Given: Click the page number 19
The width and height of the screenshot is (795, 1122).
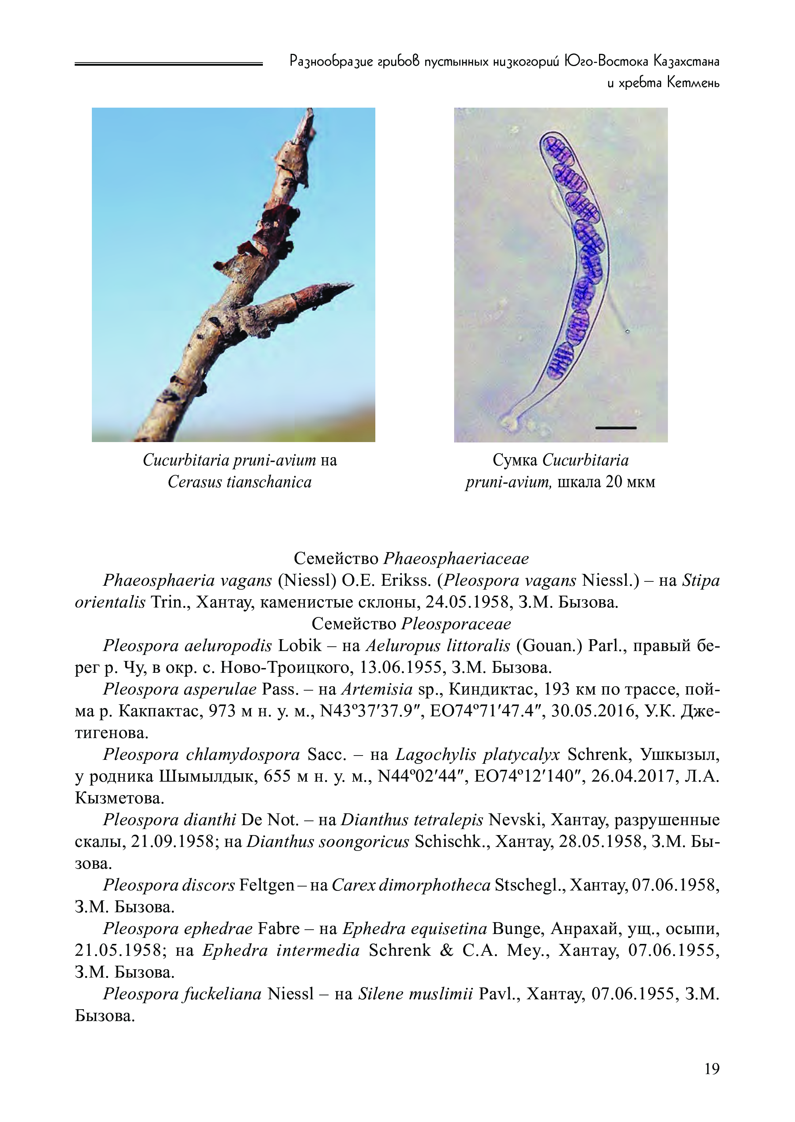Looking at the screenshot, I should point(711,1069).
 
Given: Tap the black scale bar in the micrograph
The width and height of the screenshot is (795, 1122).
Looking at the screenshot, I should point(615,428).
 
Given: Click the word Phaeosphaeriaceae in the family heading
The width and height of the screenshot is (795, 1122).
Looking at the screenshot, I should point(456,558).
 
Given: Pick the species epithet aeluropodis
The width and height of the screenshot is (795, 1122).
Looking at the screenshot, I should point(228,646).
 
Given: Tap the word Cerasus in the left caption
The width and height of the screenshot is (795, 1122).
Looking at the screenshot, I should point(194,482).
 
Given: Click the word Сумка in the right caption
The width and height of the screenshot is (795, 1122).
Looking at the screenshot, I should point(515,460).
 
